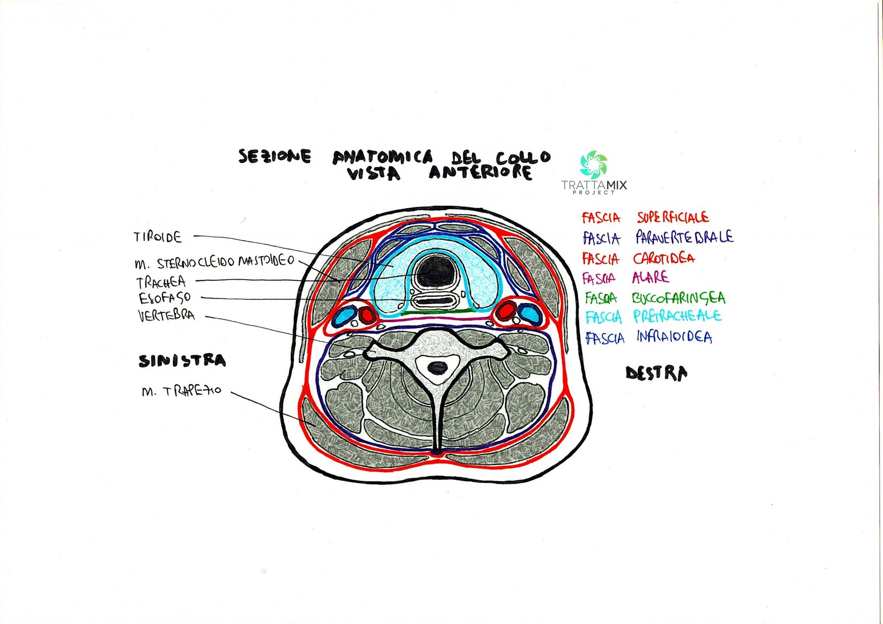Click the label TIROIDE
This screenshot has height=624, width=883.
157,237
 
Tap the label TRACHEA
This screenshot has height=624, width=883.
161,282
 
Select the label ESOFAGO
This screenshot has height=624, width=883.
165,298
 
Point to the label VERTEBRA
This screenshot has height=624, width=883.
166,316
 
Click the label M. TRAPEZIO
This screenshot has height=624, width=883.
181,391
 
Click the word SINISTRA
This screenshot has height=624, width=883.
182,361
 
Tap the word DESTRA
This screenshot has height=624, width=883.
656,374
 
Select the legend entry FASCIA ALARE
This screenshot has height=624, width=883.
625,278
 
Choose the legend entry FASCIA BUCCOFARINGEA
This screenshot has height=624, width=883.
655,298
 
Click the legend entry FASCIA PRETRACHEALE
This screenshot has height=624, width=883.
653,317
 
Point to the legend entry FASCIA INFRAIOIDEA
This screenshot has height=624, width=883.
648,337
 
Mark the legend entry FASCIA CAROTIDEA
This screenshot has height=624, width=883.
638,258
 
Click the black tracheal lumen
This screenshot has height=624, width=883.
434,273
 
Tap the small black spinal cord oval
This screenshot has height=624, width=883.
438,367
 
